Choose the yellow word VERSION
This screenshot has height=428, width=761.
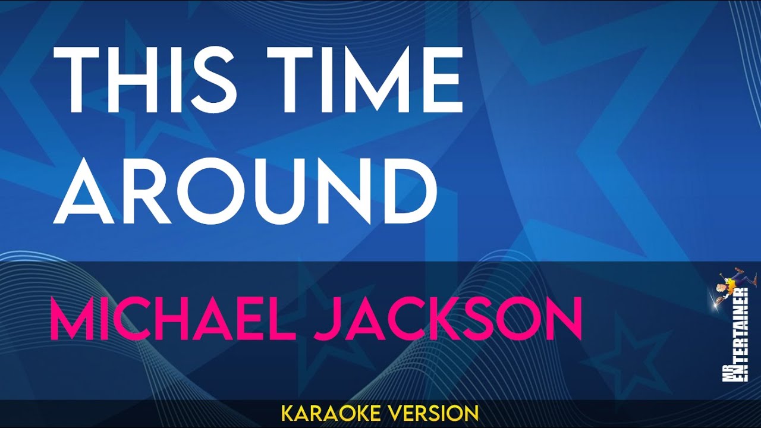(x=438, y=413)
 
